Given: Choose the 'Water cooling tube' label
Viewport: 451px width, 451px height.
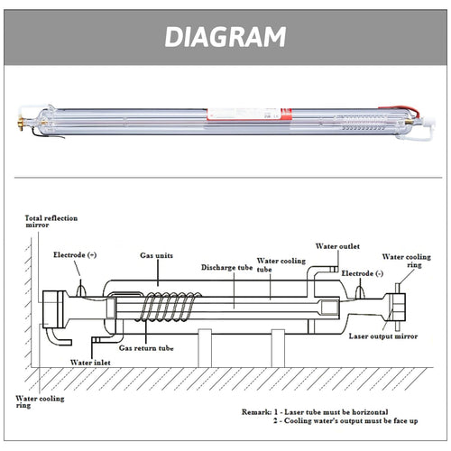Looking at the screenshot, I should point(282,262).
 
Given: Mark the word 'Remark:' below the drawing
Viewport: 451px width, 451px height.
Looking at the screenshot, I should point(226,410).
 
